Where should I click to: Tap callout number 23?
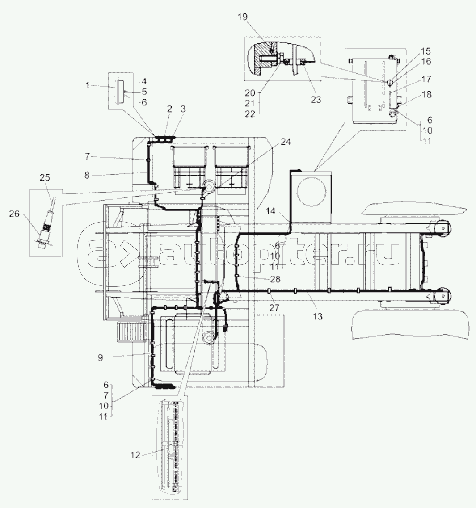316,100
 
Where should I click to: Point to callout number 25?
44,178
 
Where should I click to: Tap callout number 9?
100,357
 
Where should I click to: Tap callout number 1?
88,85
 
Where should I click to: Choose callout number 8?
87,176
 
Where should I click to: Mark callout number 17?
425,80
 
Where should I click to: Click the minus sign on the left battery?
190,184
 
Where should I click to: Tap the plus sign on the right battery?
232,184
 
